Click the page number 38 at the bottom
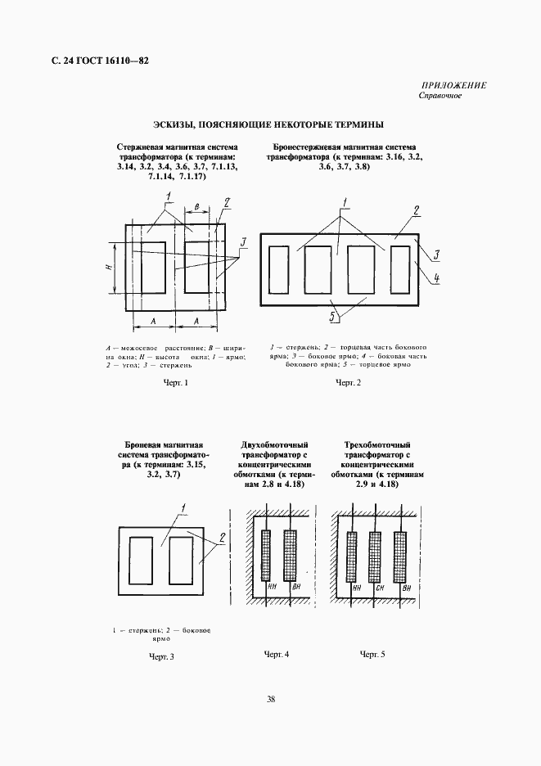pos(270,698)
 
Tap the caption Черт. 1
pos(176,383)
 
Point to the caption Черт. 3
pos(162,656)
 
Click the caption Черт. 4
pos(277,655)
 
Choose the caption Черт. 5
pos(372,655)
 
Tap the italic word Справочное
pos(441,96)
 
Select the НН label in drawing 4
pos(271,588)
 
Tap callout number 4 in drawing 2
pos(437,278)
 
